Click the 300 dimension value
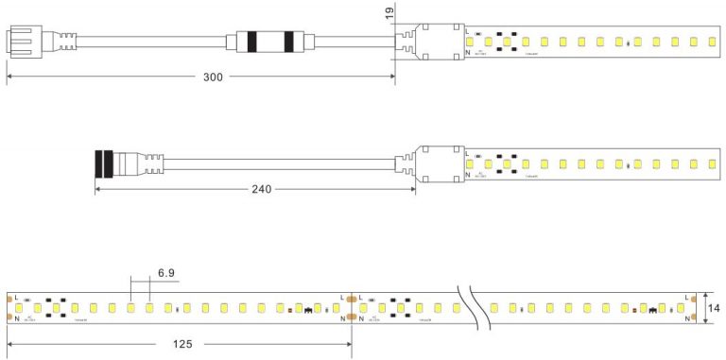pyautogui.click(x=213, y=77)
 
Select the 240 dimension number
pyautogui.click(x=261, y=189)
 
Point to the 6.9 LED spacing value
pyautogui.click(x=166, y=274)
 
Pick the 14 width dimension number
pyautogui.click(x=716, y=309)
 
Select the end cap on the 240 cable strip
pyautogui.click(x=438, y=163)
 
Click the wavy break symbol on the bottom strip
pyautogui.click(x=472, y=306)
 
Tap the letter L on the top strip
pyautogui.click(x=468, y=31)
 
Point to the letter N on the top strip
pyautogui.click(x=468, y=54)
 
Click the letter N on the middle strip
pyautogui.click(x=468, y=176)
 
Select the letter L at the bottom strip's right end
pyautogui.click(x=685, y=298)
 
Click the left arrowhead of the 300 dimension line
pyautogui.click(x=9, y=77)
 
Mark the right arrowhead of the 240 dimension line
pyautogui.click(x=412, y=189)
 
